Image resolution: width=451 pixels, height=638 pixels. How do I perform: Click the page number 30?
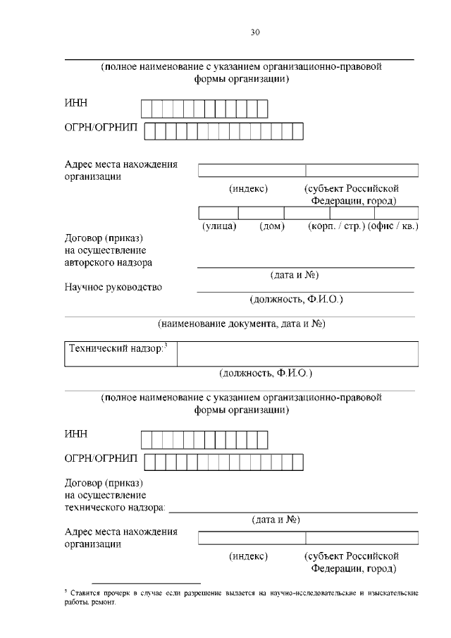(x=255, y=32)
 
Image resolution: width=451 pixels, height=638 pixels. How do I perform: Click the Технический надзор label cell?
(x=121, y=353)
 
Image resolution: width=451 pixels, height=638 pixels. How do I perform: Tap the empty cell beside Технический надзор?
(x=297, y=353)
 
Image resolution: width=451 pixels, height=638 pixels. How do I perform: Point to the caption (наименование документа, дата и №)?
(x=240, y=324)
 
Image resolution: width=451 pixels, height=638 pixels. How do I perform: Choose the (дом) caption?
(x=271, y=227)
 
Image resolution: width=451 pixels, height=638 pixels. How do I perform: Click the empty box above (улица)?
(x=218, y=213)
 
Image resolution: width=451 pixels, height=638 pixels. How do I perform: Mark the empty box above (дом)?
(x=261, y=213)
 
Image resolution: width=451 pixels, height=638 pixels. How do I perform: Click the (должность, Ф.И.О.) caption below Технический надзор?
(x=266, y=372)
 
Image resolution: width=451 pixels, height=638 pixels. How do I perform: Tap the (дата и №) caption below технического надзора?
(x=276, y=520)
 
